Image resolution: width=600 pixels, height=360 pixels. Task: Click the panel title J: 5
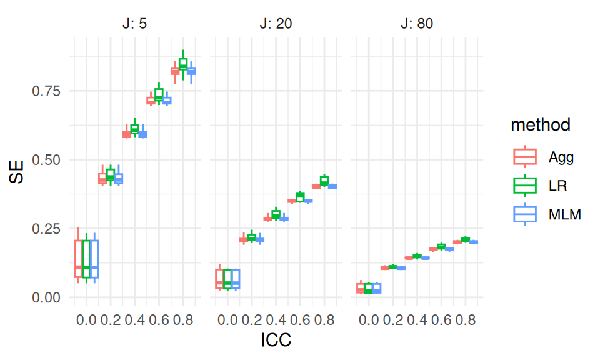click(x=135, y=24)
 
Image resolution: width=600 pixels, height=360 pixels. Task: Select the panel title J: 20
click(x=276, y=24)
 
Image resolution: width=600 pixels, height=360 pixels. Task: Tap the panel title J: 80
click(x=417, y=24)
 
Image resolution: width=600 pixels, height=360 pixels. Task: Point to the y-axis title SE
click(x=17, y=172)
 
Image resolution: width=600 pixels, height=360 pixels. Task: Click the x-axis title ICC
click(x=276, y=340)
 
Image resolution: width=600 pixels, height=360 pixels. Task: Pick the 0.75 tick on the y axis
click(x=46, y=91)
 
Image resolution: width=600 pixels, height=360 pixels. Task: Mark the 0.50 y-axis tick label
click(x=46, y=160)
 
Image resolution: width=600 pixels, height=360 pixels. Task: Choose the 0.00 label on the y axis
click(x=46, y=297)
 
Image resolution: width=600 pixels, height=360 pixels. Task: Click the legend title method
click(x=540, y=125)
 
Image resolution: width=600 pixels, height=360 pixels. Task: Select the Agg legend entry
click(x=561, y=157)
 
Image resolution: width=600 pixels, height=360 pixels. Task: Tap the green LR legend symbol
click(x=525, y=186)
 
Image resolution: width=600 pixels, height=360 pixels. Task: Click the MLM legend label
click(x=565, y=214)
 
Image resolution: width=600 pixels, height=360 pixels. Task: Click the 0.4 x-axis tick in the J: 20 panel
click(x=276, y=320)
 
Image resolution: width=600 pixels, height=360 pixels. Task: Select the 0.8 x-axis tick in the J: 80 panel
click(x=466, y=320)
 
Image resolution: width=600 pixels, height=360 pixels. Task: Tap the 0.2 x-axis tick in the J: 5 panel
click(x=111, y=320)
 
